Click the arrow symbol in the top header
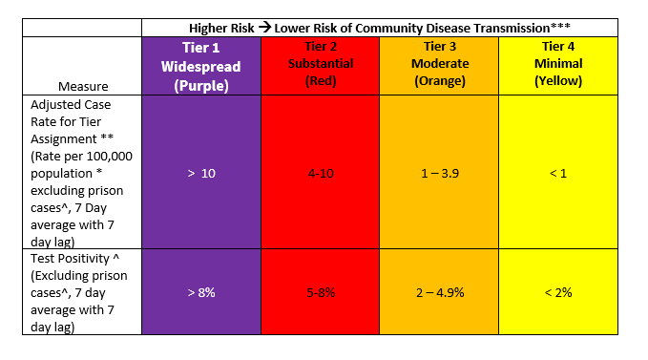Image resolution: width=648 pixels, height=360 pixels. (264, 27)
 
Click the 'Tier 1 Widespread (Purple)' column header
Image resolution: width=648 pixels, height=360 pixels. (200, 66)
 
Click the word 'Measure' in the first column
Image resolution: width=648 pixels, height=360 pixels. (83, 86)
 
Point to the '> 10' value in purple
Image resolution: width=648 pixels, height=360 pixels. (200, 174)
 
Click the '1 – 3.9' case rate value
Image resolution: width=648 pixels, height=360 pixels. (439, 174)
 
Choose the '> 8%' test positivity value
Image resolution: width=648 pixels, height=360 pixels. (200, 292)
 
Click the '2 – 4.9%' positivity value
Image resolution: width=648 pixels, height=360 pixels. (439, 292)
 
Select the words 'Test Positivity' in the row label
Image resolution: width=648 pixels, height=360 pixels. (71, 259)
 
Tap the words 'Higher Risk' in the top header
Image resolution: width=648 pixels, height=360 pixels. (221, 27)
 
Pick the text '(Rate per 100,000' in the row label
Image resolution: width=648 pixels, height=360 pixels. (77, 156)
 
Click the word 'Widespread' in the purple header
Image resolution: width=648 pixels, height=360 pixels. (200, 66)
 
